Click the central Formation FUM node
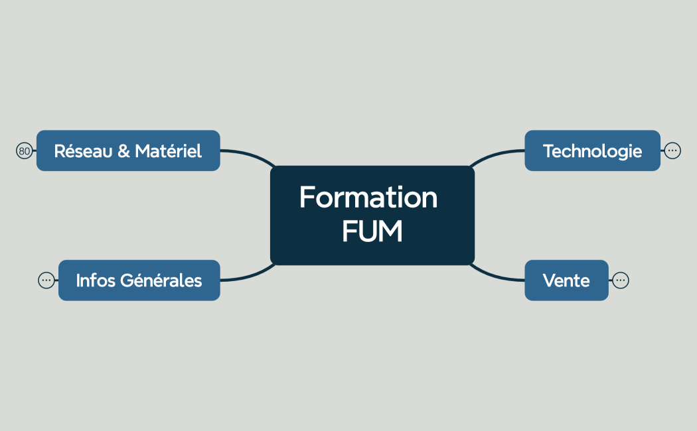click(x=372, y=215)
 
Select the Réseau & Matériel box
click(x=127, y=151)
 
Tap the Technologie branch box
click(x=592, y=151)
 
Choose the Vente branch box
click(x=566, y=280)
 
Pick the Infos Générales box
click(x=139, y=280)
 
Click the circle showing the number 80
click(x=25, y=151)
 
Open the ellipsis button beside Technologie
click(x=672, y=151)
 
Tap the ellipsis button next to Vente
click(x=620, y=280)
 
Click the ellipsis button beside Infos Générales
click(x=46, y=280)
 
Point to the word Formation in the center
click(x=368, y=198)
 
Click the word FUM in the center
click(x=372, y=232)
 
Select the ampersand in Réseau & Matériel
click(x=123, y=151)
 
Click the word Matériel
click(x=168, y=151)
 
